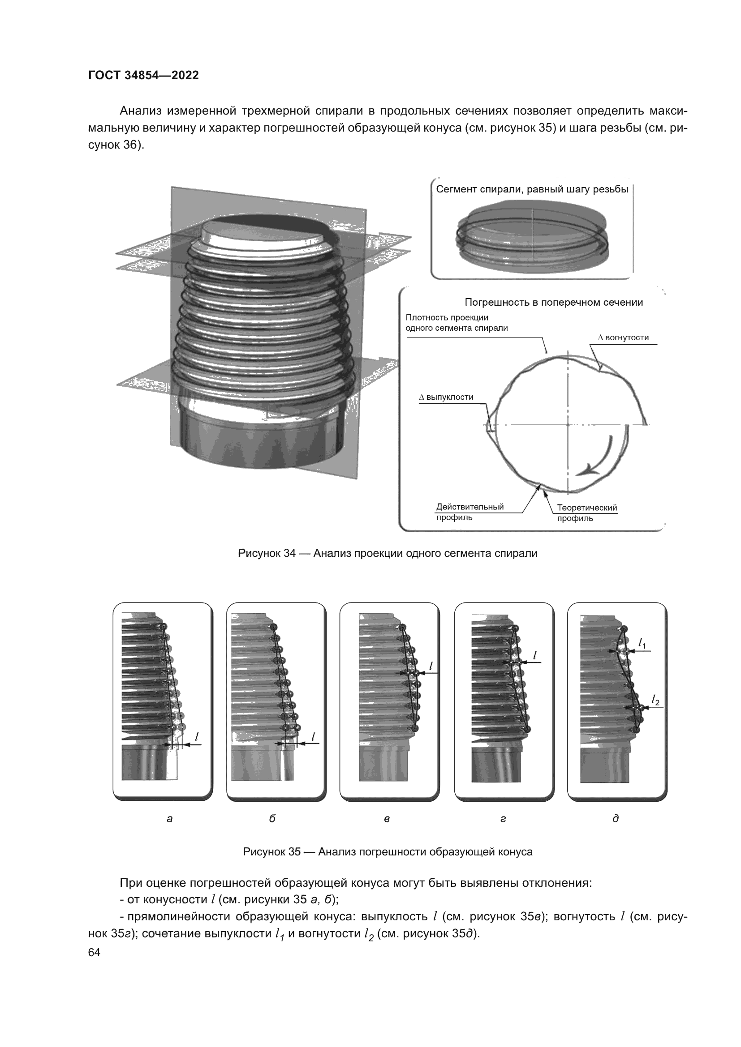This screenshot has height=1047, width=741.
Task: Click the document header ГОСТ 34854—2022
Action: [x=144, y=76]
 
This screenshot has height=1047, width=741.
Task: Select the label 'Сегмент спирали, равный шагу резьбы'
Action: [x=532, y=190]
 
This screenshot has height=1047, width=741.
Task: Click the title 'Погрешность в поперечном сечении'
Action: [x=554, y=302]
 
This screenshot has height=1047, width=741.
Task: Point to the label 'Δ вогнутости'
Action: [x=623, y=338]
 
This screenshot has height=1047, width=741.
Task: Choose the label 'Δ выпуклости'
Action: [x=446, y=397]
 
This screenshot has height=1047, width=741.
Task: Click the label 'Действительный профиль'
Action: [x=470, y=512]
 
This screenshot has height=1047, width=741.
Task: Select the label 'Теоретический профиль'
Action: [x=587, y=513]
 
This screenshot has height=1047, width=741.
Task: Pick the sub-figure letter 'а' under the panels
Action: [x=170, y=819]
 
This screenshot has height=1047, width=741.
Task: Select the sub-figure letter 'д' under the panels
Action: [x=616, y=819]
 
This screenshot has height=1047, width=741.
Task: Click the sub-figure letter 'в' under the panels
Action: [x=387, y=819]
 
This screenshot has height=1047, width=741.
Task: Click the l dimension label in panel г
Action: [x=535, y=655]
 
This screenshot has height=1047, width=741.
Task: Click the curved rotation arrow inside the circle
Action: [x=595, y=456]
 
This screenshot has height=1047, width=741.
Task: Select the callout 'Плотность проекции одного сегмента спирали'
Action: [x=457, y=323]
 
